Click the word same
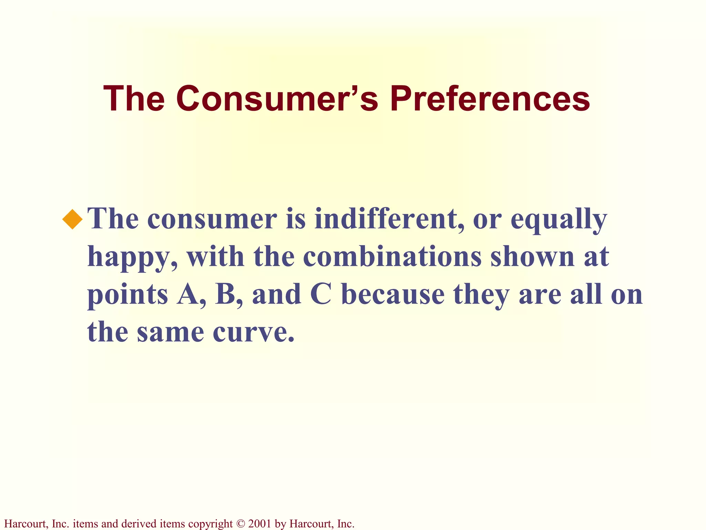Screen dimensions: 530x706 tap(170, 332)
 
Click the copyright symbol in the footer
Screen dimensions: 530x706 tap(240, 524)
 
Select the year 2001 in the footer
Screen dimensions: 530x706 tap(260, 524)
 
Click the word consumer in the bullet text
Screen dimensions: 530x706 tap(212, 219)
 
